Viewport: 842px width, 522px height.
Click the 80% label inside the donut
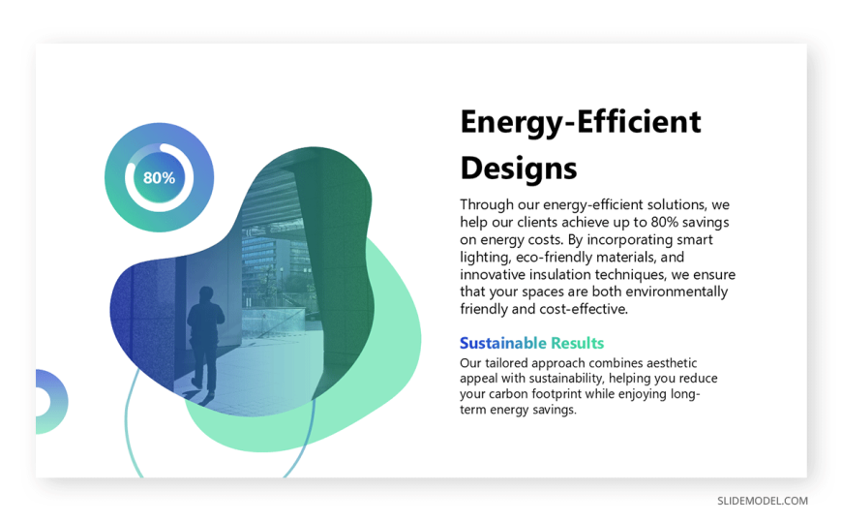pyautogui.click(x=159, y=178)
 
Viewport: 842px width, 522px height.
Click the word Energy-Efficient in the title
pyautogui.click(x=581, y=123)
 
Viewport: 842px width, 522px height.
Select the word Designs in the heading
pyautogui.click(x=519, y=168)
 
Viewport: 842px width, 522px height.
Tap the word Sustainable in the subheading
pyautogui.click(x=502, y=343)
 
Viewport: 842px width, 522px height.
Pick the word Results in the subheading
pyautogui.click(x=577, y=343)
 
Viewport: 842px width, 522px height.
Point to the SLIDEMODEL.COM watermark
pyautogui.click(x=763, y=501)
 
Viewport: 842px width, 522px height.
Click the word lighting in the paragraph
pyautogui.click(x=486, y=258)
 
